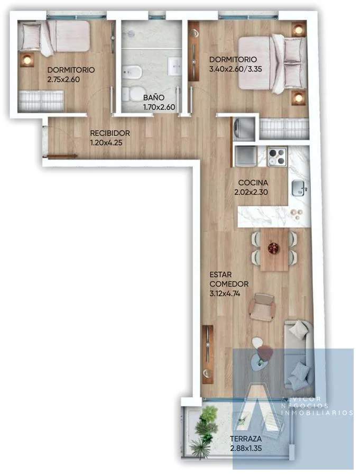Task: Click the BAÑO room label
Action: [154, 98]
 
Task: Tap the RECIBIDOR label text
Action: [110, 133]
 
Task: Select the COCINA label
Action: [253, 183]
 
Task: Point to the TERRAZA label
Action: [246, 438]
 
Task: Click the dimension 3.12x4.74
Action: [225, 294]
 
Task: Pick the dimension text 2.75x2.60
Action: [63, 79]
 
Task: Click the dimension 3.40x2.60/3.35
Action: [236, 69]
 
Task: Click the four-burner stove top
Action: [276, 157]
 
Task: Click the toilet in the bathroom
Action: [132, 94]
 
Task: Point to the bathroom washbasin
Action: [176, 66]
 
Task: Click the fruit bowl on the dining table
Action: [274, 248]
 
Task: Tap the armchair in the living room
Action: [263, 307]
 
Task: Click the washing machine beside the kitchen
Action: [244, 130]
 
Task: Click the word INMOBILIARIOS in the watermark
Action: [317, 413]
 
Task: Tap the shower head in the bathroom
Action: [131, 34]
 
